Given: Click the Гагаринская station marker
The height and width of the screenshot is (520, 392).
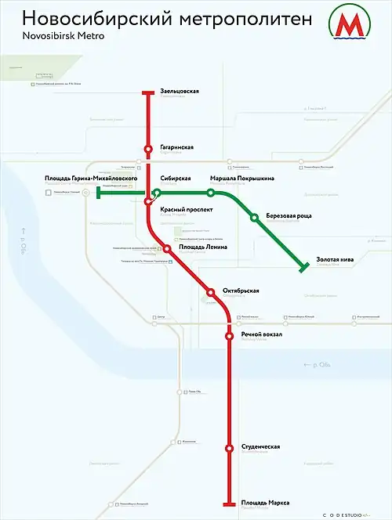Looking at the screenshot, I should (x=148, y=148).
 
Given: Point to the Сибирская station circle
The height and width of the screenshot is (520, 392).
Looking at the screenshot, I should (x=157, y=193).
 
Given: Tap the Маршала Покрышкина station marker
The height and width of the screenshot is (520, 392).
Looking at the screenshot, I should (x=211, y=193).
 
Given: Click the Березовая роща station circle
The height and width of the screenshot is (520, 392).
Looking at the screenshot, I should (x=254, y=217).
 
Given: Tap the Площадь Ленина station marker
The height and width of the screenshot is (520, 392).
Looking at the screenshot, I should (x=167, y=249).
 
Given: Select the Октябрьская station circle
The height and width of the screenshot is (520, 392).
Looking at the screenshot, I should (x=210, y=292).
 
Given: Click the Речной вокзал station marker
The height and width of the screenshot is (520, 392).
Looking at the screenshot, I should (x=229, y=336).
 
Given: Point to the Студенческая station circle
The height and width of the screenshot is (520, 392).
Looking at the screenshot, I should (x=229, y=449).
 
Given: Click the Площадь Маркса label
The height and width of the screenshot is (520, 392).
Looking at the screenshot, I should (x=267, y=502).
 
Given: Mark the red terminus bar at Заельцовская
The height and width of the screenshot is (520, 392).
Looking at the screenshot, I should (x=148, y=93).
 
